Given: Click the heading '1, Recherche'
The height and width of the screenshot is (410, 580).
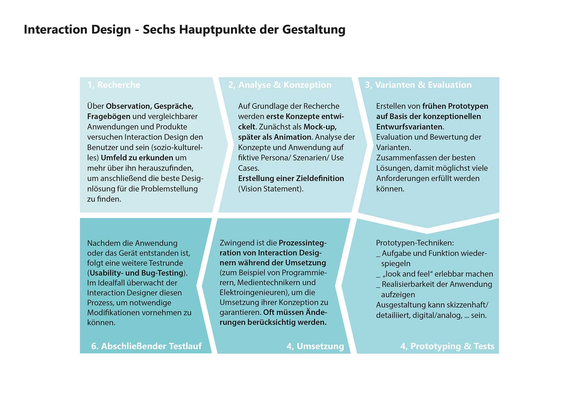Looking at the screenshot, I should [114, 85].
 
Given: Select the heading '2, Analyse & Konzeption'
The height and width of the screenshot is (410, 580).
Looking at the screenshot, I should [280, 85].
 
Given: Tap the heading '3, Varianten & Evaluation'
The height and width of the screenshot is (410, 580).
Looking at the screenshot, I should [418, 85].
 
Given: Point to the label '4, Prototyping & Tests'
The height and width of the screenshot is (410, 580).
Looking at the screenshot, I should [447, 346].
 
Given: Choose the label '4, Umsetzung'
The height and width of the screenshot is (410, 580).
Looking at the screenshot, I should [315, 346].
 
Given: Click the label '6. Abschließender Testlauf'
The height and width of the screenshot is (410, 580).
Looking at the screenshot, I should [146, 346].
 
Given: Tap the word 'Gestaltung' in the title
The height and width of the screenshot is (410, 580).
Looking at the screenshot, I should [314, 30].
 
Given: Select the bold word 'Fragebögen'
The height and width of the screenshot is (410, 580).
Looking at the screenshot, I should [109, 117].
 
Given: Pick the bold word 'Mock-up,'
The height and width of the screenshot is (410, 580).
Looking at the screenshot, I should [320, 127].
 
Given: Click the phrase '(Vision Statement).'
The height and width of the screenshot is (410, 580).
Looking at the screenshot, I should [271, 189].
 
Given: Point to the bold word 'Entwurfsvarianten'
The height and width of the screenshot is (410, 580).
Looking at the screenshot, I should [409, 127].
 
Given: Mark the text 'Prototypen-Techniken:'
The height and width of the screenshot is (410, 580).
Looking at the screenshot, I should [415, 243].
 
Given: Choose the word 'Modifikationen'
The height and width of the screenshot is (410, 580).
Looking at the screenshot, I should [113, 312].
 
